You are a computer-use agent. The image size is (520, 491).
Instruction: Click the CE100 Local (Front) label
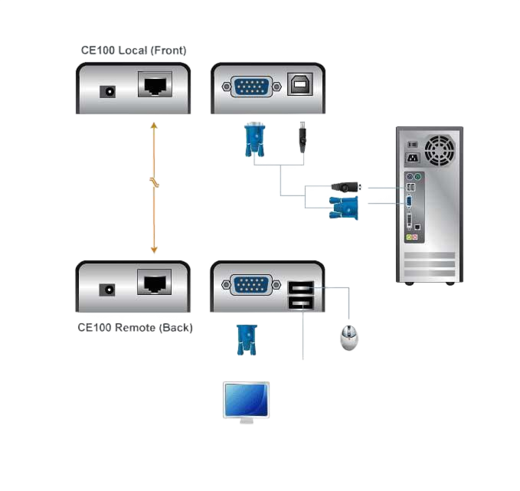coord(134,51)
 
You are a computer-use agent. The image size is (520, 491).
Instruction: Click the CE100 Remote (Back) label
coord(135,328)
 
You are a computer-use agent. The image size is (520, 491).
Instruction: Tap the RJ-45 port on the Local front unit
coord(155,84)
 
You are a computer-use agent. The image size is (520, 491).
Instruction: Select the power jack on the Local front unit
coord(108,91)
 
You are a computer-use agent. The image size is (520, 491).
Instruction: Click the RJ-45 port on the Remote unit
coord(155,283)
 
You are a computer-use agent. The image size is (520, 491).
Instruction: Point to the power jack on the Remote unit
coord(108,290)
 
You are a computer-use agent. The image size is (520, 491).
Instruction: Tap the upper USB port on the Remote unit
coord(299,289)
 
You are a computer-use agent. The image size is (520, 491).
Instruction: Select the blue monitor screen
coord(245,399)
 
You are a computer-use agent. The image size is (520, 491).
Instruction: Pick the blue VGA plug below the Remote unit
coord(246,339)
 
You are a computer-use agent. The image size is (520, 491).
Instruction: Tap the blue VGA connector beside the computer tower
coord(343,206)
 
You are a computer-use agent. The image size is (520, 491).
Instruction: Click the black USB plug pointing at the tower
coord(345,187)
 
